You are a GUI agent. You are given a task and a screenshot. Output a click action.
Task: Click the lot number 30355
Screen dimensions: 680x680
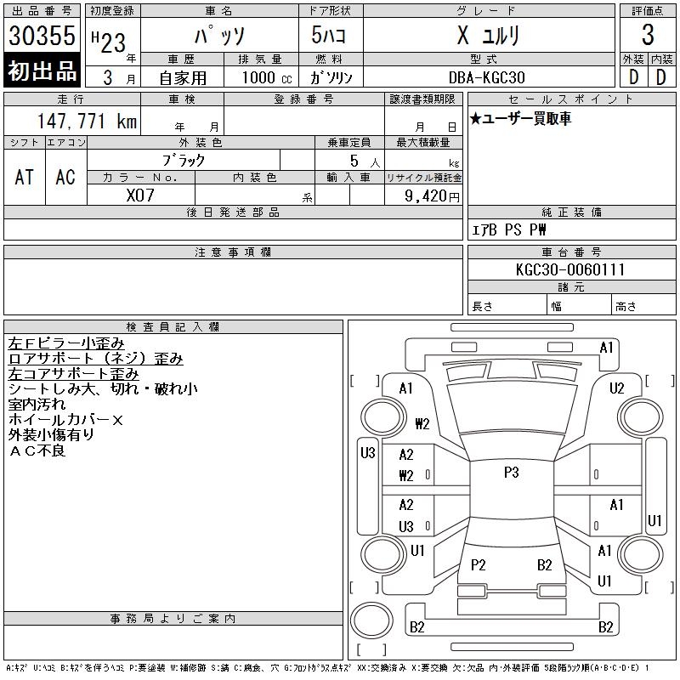coord(42,36)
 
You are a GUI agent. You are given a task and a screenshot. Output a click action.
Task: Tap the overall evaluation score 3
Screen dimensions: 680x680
coord(648,36)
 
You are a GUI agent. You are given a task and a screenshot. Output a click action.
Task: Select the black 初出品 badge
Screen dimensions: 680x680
coord(42,72)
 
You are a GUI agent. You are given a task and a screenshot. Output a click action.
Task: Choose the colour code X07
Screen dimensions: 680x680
coord(139,195)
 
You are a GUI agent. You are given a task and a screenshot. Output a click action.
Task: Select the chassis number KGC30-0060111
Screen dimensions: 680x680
coord(570,269)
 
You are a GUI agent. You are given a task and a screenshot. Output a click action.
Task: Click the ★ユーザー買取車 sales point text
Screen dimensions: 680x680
coord(520,118)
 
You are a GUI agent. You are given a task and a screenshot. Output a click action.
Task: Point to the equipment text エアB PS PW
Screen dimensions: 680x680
coord(509,229)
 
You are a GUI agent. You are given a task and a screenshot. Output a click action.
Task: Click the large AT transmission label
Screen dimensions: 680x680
coord(25,177)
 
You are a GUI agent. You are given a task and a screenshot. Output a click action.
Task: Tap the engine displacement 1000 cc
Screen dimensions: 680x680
coord(265,76)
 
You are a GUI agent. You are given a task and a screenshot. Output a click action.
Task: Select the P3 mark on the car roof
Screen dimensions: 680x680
coord(510,473)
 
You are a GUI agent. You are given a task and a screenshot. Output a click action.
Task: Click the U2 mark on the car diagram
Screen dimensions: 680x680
coord(616,388)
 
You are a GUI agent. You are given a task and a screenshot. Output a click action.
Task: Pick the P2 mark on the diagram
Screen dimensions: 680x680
coord(478,565)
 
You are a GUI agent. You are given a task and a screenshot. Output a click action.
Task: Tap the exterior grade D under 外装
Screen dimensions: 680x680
coord(632,76)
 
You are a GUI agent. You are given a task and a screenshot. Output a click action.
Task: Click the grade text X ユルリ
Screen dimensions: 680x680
coord(489,36)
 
